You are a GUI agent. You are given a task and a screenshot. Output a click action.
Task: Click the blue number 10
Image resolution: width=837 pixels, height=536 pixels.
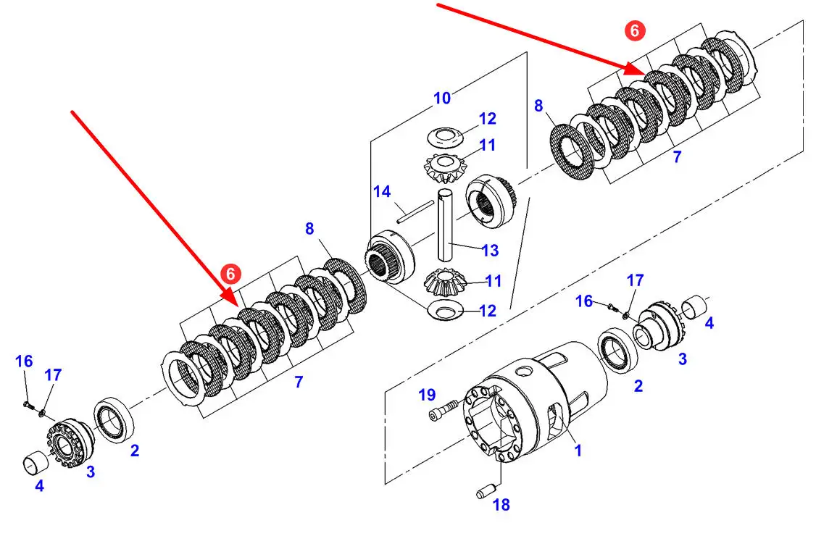pos(442,98)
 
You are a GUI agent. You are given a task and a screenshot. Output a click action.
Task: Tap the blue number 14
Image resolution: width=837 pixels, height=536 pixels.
pos(382,192)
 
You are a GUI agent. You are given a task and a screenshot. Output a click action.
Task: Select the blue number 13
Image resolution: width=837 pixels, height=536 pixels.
pos(490,251)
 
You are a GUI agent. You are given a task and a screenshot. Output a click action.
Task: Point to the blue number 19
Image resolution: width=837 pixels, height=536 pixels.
pos(427,395)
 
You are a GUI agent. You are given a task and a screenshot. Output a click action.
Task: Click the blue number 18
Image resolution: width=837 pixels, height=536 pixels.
pos(501,505)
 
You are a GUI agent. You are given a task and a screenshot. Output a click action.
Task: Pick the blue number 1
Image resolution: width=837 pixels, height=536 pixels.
pos(578,451)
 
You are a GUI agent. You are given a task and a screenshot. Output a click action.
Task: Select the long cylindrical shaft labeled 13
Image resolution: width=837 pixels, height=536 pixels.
pos(446,225)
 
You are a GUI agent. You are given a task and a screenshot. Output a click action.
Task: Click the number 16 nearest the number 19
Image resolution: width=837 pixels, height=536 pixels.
pos(584,301)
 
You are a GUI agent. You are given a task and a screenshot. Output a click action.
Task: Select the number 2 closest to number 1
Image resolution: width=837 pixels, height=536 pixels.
pos(638,386)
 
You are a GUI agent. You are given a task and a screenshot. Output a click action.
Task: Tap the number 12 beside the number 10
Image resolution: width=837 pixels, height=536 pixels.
pos(487,119)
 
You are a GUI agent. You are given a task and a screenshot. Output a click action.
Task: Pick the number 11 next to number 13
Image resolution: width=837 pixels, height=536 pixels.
pos(493,280)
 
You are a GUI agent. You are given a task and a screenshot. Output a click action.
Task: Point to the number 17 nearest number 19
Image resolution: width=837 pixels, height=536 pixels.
pos(635,280)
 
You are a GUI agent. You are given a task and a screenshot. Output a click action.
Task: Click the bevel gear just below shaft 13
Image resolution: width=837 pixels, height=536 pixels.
pos(444,281)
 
